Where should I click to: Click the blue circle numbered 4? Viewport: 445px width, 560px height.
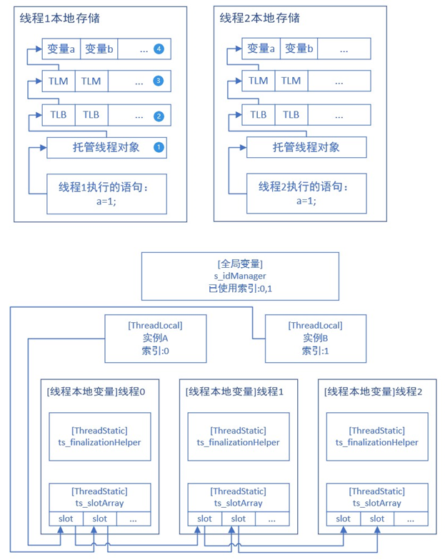click(x=159, y=49)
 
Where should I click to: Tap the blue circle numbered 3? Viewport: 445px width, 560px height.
click(x=159, y=81)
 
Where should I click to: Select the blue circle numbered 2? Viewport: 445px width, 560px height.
click(x=159, y=115)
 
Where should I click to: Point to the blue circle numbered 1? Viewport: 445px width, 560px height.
click(x=159, y=148)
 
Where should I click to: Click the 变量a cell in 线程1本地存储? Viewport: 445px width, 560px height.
click(x=61, y=49)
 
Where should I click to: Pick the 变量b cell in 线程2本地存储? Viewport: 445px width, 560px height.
click(x=299, y=49)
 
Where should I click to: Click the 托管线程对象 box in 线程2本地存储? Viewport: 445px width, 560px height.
click(x=306, y=148)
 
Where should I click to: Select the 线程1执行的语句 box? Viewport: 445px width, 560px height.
click(x=106, y=194)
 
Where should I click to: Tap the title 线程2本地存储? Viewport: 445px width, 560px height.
click(x=259, y=17)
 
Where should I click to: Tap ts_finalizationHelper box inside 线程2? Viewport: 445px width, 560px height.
click(x=376, y=436)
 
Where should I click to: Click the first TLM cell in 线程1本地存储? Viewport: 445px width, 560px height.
click(x=59, y=81)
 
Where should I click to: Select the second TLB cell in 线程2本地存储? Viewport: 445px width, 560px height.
click(x=291, y=115)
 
